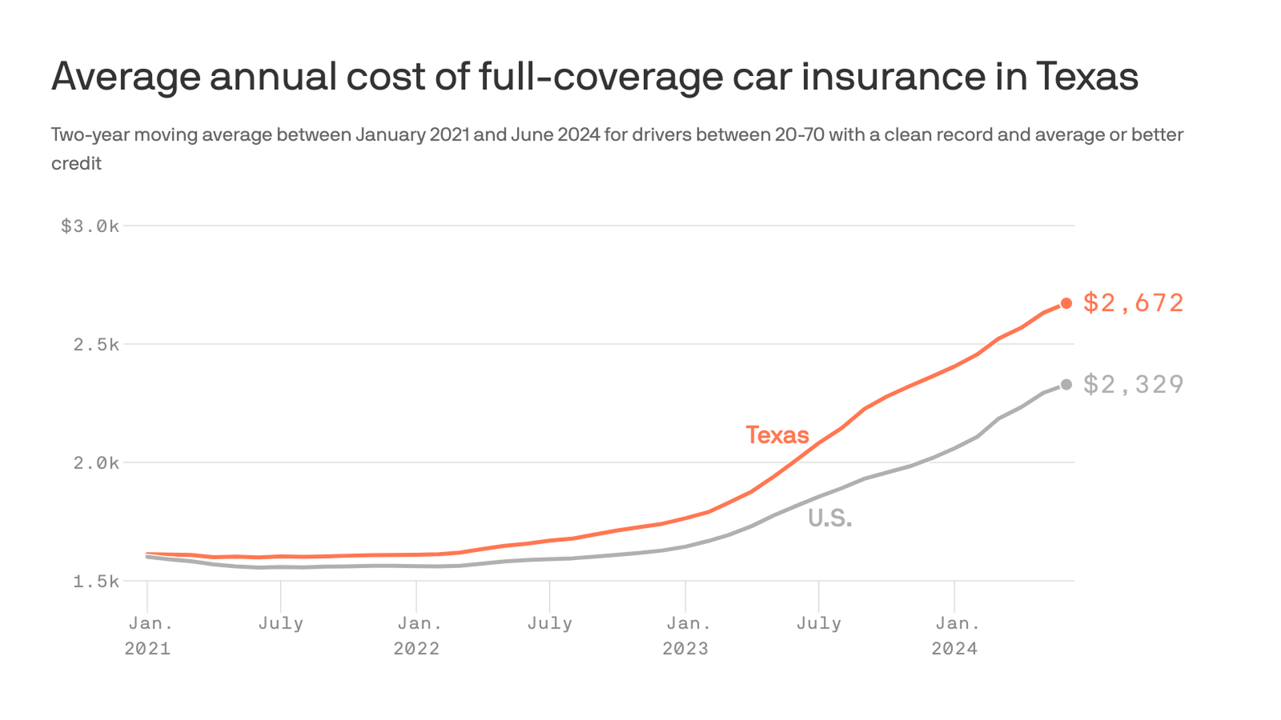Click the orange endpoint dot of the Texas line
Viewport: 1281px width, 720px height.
(x=1066, y=303)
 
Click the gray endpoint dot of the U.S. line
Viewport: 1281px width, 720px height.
(x=1066, y=385)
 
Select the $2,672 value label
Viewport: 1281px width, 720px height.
(x=1133, y=303)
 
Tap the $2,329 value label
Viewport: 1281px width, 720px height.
(x=1133, y=385)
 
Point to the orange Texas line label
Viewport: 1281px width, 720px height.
(x=777, y=435)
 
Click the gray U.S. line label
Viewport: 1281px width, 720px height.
(x=830, y=519)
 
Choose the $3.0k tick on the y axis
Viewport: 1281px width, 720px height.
(x=90, y=227)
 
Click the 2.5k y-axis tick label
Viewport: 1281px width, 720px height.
(x=96, y=345)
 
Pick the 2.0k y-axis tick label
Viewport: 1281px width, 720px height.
(x=96, y=463)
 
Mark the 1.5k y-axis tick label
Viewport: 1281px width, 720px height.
(x=96, y=582)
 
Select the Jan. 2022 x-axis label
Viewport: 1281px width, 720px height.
(x=417, y=636)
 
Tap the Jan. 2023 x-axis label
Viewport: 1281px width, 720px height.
(x=686, y=636)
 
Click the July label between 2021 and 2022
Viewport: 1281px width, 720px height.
(x=281, y=624)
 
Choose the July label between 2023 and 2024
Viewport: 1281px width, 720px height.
(x=819, y=624)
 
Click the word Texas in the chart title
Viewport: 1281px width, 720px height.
(x=1087, y=76)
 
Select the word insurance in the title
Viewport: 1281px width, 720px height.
(x=893, y=76)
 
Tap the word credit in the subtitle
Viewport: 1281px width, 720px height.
(x=76, y=163)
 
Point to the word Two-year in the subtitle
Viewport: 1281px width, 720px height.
(x=91, y=135)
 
